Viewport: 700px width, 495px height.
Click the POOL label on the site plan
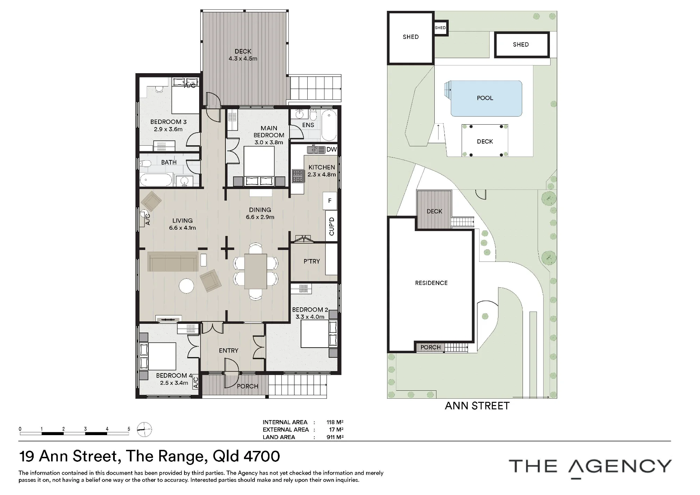485,98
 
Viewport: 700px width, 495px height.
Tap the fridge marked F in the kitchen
330,201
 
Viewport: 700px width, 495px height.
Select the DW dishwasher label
331,149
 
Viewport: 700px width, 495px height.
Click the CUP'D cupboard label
332,226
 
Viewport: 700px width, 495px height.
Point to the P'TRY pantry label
311,261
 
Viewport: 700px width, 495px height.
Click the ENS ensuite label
308,125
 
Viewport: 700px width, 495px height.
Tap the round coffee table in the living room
187,286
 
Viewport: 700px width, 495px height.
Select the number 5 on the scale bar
129,429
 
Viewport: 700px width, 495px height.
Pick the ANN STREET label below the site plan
477,406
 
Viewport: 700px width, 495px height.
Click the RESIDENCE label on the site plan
431,283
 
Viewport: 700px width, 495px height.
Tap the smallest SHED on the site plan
440,28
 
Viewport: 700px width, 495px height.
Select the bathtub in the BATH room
156,180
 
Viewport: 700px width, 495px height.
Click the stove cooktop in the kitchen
298,176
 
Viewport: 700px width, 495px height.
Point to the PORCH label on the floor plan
247,386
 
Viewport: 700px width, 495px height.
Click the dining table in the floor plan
255,271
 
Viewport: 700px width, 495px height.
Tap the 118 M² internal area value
335,422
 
